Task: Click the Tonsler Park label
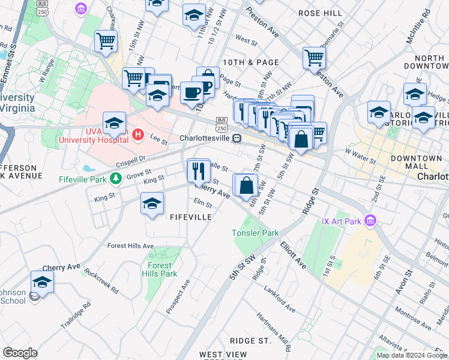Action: point(256,233)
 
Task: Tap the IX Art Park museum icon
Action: point(371,221)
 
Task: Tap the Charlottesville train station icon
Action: point(237,138)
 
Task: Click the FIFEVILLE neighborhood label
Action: point(190,217)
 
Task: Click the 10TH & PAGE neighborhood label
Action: point(250,62)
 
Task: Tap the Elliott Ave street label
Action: point(293,255)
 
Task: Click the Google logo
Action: point(20,353)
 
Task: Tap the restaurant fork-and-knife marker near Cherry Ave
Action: point(198,171)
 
